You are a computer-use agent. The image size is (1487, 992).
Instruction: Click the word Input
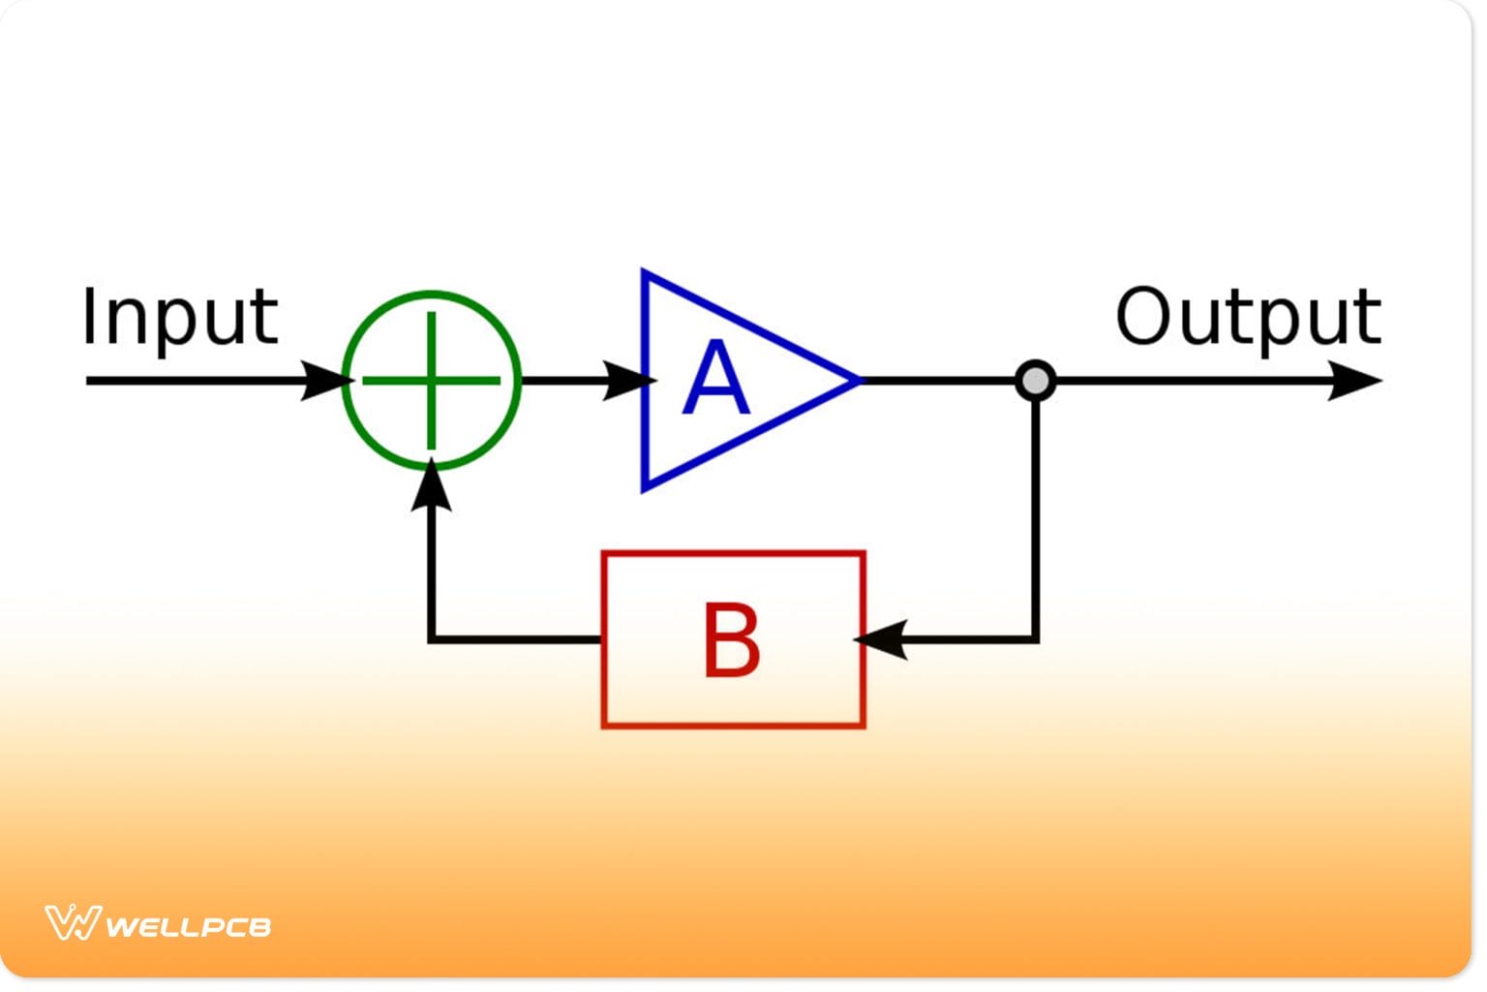[180, 317]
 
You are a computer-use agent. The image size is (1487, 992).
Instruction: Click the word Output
[1248, 317]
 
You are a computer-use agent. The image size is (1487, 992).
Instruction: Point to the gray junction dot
[1035, 380]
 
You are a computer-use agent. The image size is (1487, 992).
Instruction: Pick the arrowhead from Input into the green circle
[324, 380]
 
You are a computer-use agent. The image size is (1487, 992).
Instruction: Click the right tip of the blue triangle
[857, 381]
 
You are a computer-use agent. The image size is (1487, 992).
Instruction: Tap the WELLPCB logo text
[188, 926]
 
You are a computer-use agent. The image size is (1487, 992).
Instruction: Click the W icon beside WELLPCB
[73, 922]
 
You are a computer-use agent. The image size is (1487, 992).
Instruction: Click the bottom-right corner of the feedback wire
[1035, 639]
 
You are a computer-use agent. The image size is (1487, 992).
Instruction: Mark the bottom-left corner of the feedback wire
[432, 639]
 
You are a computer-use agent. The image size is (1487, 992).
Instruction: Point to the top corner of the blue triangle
[645, 274]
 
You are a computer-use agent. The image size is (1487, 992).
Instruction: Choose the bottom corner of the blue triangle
[645, 487]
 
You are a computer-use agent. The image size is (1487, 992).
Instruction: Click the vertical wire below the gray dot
[1035, 513]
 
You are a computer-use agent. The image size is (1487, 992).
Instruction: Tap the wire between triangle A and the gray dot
[939, 381]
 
